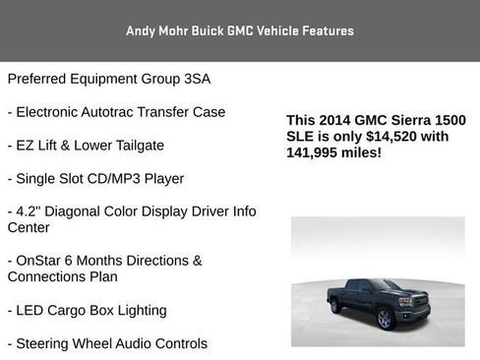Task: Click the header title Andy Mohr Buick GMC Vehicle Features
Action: coord(240,30)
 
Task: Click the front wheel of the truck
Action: coord(387,320)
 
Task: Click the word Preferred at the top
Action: coord(39,79)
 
